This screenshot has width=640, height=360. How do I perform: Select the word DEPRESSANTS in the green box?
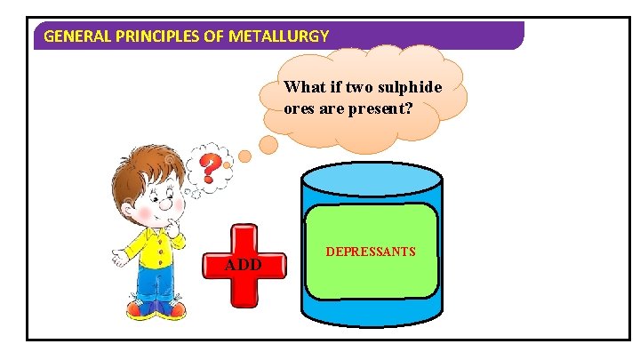pyautogui.click(x=371, y=252)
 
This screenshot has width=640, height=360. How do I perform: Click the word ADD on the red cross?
pyautogui.click(x=243, y=265)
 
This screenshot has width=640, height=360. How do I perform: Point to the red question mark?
pyautogui.click(x=209, y=167)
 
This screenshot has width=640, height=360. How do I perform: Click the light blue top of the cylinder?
pyautogui.click(x=371, y=179)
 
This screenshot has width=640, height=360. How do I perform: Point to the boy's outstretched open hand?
pyautogui.click(x=118, y=258)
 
